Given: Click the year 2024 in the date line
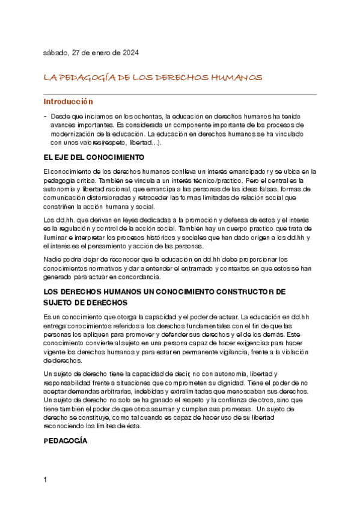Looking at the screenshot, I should coord(130,53).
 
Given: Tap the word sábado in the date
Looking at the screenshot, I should coord(56,53).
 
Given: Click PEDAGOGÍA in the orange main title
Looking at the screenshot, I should coord(87,78).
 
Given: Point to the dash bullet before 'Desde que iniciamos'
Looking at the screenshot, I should coord(46,115).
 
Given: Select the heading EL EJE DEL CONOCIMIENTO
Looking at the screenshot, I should coord(94,158).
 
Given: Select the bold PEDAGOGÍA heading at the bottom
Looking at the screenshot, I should coord(66,441).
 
